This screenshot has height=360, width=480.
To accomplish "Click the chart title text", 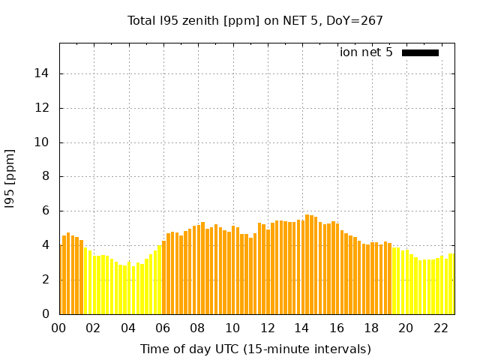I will [255, 21].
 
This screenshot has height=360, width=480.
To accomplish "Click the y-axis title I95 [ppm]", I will [10, 178].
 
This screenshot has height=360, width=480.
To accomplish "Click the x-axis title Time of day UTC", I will [255, 349].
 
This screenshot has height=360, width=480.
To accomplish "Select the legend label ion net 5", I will [366, 52].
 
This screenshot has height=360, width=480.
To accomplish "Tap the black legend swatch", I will [420, 52].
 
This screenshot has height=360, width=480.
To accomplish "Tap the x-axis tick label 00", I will [59, 328].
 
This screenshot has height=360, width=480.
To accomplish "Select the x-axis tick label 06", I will [163, 328].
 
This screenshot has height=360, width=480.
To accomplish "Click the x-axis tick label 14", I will [302, 328].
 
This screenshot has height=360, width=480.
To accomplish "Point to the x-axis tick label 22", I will [440, 328].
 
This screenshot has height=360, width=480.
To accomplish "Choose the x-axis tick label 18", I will [371, 328].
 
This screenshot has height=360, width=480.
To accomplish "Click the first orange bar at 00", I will [61, 279].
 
